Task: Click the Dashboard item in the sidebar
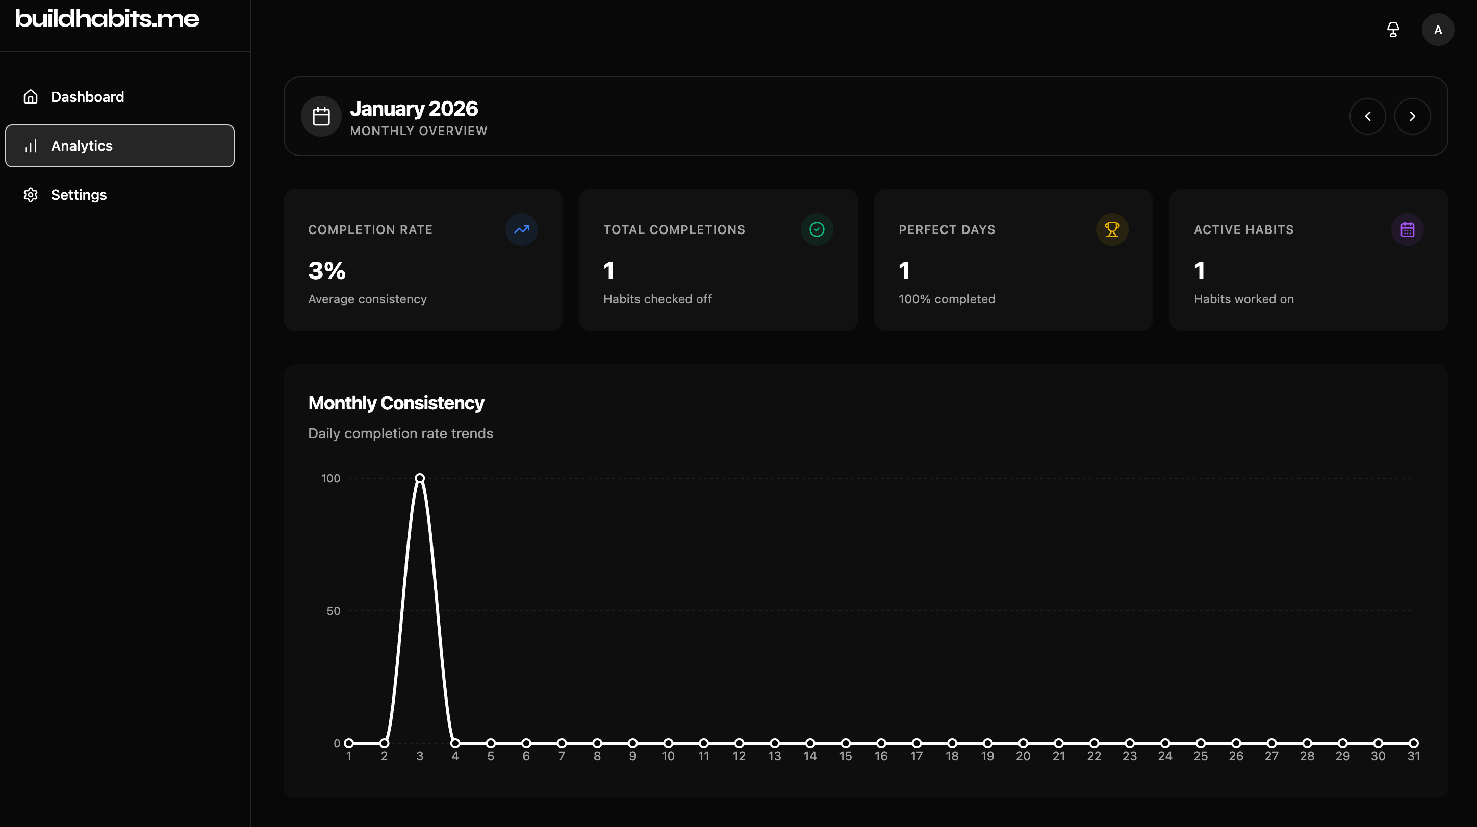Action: click(x=87, y=97)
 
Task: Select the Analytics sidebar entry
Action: click(x=82, y=146)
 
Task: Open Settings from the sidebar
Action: click(x=79, y=195)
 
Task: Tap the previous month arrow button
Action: click(x=1367, y=116)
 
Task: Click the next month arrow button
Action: click(x=1412, y=116)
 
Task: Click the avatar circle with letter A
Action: click(x=1437, y=30)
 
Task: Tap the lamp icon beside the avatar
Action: click(x=1393, y=30)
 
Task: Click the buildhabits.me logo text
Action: click(x=107, y=18)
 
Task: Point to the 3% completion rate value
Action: click(x=327, y=271)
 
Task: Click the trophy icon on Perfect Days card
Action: click(x=1112, y=229)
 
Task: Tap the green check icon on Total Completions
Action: click(x=817, y=229)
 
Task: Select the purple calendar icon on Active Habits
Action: click(x=1407, y=229)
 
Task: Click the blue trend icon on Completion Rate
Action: click(x=521, y=229)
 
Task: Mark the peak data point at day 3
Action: click(x=420, y=478)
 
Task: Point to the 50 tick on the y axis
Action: click(x=333, y=611)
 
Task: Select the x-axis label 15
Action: click(x=845, y=757)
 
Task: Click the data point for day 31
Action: click(x=1413, y=743)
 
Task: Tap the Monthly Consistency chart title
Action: click(x=396, y=403)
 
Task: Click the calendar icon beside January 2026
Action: click(x=321, y=116)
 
